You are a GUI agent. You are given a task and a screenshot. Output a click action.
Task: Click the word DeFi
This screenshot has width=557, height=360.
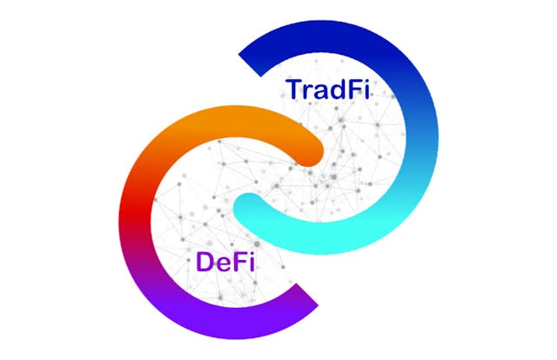[x=225, y=262]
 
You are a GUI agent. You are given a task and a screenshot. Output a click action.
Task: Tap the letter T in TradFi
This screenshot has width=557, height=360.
[x=294, y=90]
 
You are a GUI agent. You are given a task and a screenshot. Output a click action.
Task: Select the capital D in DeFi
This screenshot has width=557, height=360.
[x=205, y=262]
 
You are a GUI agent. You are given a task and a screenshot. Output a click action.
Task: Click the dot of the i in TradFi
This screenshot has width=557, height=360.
[x=366, y=82]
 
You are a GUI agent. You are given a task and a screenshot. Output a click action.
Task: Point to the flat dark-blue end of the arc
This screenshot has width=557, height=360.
[x=250, y=65]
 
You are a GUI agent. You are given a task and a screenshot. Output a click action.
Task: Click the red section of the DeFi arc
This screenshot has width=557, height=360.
[x=135, y=212]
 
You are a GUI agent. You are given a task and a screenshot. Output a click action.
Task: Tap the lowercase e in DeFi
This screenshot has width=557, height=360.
[x=223, y=264]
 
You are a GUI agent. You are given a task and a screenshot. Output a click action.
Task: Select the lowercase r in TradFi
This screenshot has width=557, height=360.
[x=307, y=92]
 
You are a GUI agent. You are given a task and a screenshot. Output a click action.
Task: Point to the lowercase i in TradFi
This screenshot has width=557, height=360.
[x=366, y=90]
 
